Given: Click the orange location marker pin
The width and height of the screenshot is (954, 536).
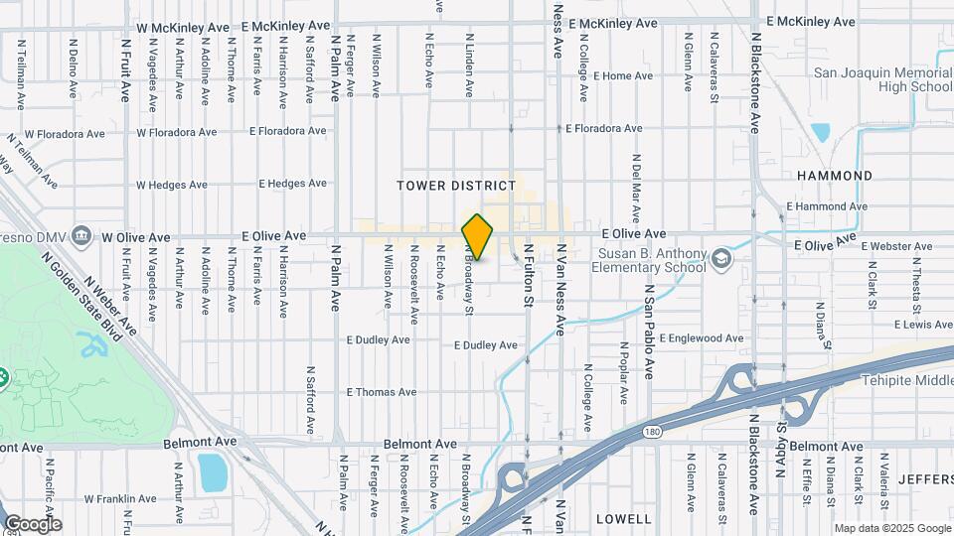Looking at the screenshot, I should (x=478, y=237).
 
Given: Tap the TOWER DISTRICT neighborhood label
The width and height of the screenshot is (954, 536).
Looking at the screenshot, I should (x=456, y=186).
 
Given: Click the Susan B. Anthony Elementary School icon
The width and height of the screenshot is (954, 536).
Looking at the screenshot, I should (x=720, y=260).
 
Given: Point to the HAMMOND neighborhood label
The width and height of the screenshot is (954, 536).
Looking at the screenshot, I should (x=835, y=176).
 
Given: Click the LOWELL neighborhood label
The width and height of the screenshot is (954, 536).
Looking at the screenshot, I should (x=623, y=519).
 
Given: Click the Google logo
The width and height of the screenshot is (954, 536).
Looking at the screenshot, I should (x=32, y=524).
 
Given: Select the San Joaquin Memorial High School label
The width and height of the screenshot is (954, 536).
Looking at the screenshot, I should (x=882, y=79).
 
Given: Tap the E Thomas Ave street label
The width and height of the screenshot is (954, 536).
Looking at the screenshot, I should (x=382, y=392).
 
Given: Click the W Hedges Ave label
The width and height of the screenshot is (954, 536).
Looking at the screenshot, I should (x=171, y=185).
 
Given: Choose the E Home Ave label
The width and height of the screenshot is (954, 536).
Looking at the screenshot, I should (x=623, y=75).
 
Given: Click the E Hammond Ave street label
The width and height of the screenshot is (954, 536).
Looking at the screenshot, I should (x=827, y=206).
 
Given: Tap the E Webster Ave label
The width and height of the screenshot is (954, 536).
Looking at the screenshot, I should (x=897, y=245).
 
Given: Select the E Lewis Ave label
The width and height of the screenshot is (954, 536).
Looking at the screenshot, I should (x=923, y=325).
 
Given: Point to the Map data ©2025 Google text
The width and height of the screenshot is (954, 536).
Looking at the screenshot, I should (x=891, y=528).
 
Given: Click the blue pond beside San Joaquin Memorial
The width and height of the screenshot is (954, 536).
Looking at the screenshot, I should (x=821, y=133).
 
